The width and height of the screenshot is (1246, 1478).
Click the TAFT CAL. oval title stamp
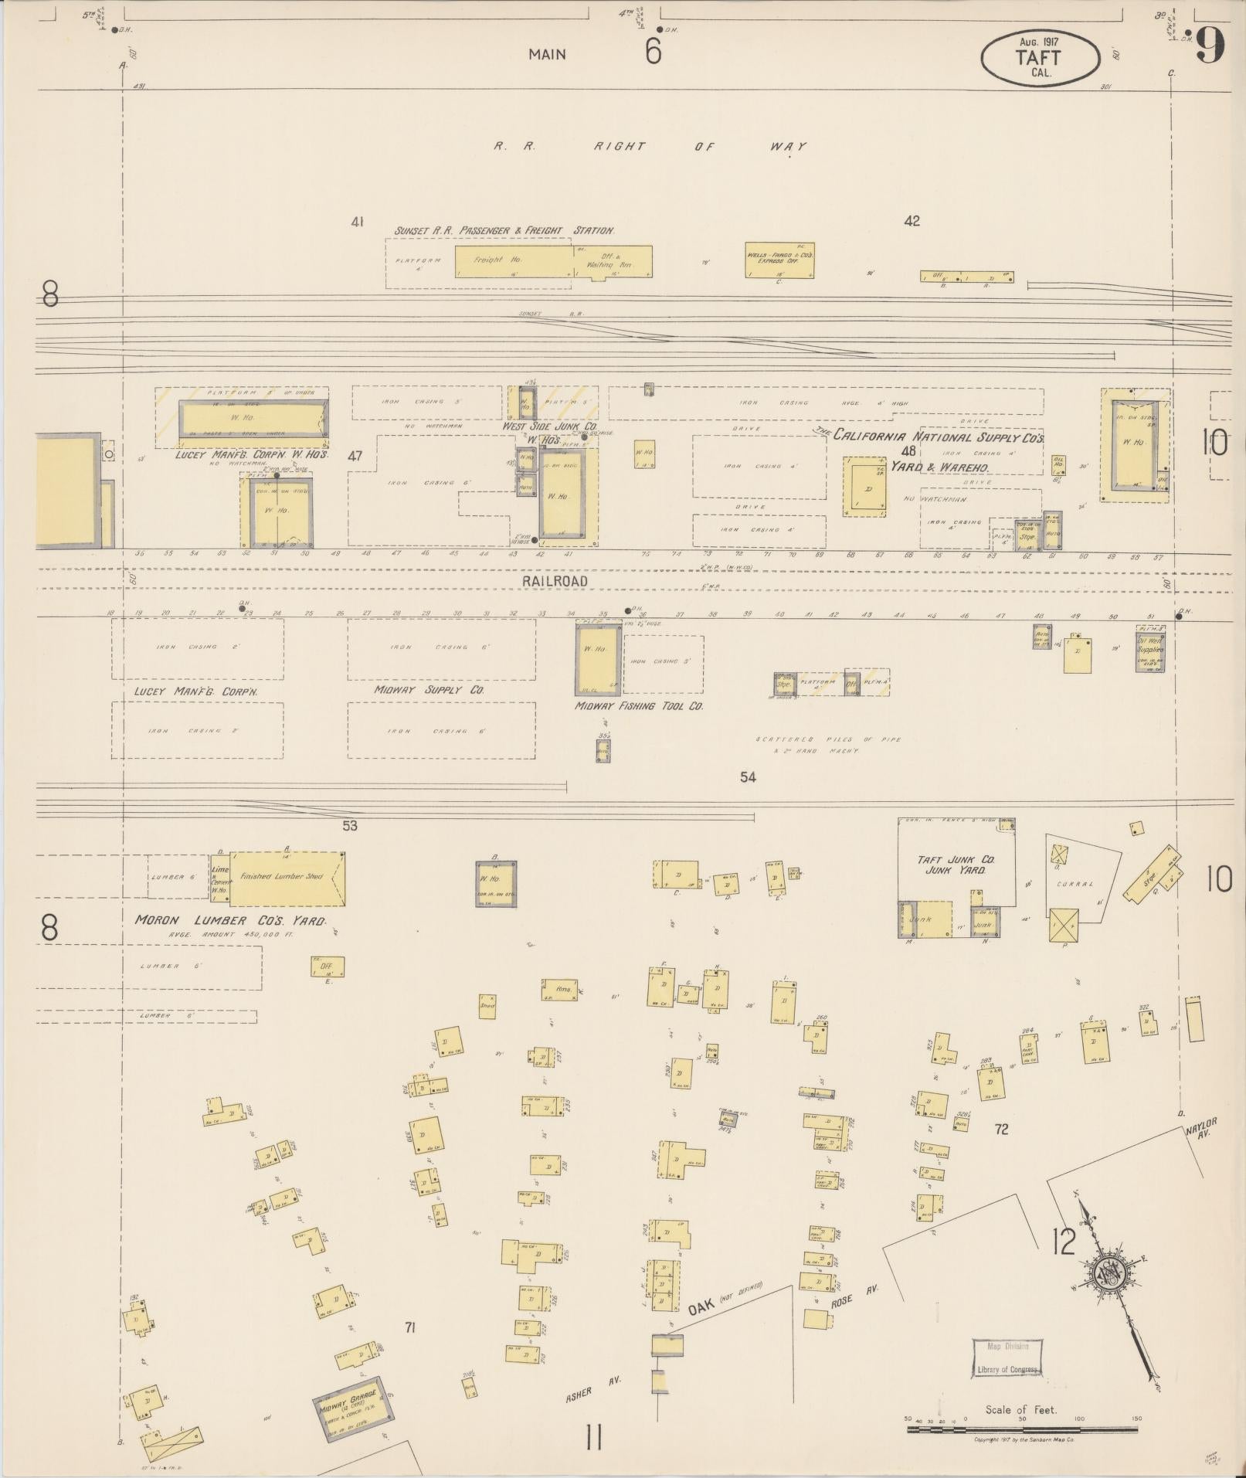(x=1039, y=58)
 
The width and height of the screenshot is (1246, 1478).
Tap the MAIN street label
(x=547, y=54)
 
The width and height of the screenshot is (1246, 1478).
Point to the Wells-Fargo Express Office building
(x=779, y=260)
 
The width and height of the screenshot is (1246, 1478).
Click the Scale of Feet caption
(x=1020, y=1409)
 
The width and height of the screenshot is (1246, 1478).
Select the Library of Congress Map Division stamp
(x=1007, y=1357)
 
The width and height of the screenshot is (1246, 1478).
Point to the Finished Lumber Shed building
(x=287, y=878)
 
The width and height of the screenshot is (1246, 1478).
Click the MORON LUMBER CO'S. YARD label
(x=230, y=921)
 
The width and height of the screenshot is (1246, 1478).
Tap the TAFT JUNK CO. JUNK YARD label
(x=956, y=865)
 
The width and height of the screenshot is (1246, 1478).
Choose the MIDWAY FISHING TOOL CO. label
(x=638, y=705)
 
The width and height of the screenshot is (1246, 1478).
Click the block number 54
(x=747, y=776)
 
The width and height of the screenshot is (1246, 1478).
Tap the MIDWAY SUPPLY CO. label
(x=429, y=689)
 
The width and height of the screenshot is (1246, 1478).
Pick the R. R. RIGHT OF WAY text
(x=650, y=146)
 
